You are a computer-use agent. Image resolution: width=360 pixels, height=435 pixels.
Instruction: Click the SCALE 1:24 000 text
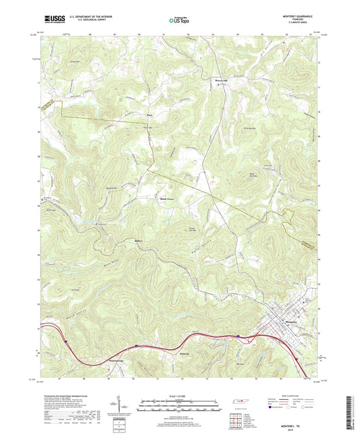[x=180, y=396]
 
